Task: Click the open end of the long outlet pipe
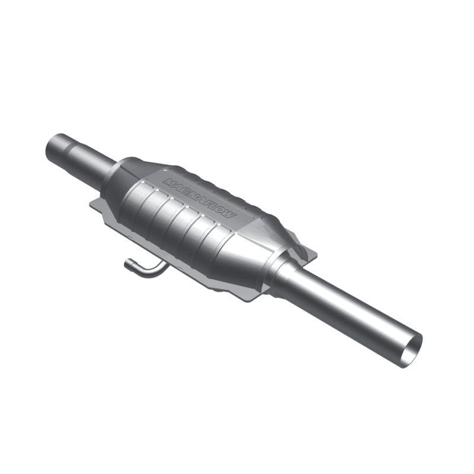410,350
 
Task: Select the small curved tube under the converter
145,269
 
